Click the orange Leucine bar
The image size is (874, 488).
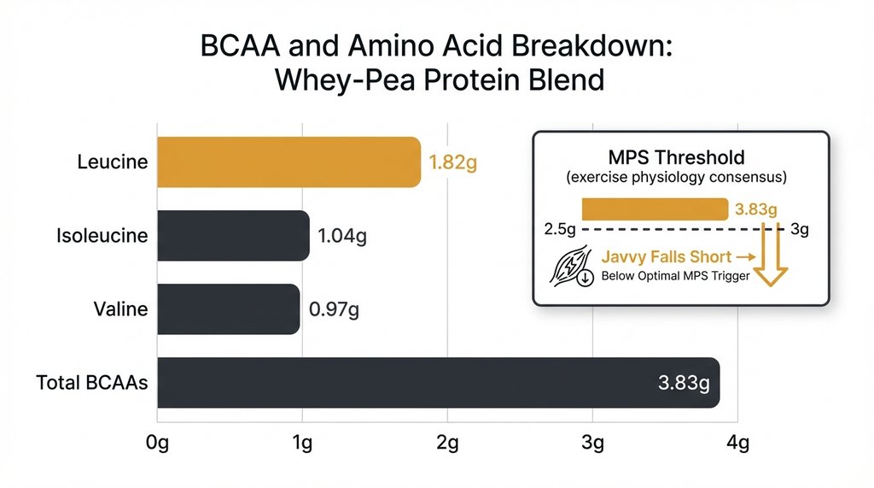tap(288, 162)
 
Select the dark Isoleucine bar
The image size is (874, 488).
tap(233, 235)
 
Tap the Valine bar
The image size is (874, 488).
tap(229, 309)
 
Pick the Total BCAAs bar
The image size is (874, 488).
tap(438, 382)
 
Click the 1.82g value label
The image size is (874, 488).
tap(452, 162)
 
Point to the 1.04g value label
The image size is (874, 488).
tap(341, 236)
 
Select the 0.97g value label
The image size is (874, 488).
tap(332, 309)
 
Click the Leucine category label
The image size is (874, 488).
tap(111, 162)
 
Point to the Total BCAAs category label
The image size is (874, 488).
tap(92, 382)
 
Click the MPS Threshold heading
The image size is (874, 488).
tap(676, 158)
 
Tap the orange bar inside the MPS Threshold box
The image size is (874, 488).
tap(655, 209)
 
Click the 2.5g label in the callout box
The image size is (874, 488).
tap(560, 230)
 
